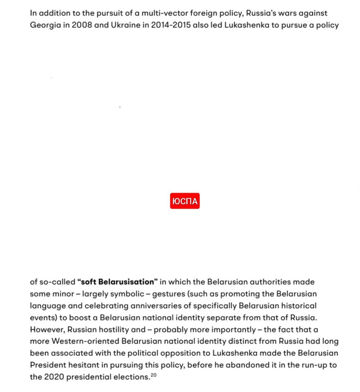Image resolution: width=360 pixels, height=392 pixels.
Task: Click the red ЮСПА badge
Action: pos(185,201)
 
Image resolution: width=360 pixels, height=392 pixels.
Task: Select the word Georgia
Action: pos(45,25)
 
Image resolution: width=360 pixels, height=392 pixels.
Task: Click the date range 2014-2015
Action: pos(171,25)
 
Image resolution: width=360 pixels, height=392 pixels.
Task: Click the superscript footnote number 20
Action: pos(154,375)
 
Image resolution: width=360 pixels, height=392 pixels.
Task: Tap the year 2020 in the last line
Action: pos(54,377)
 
